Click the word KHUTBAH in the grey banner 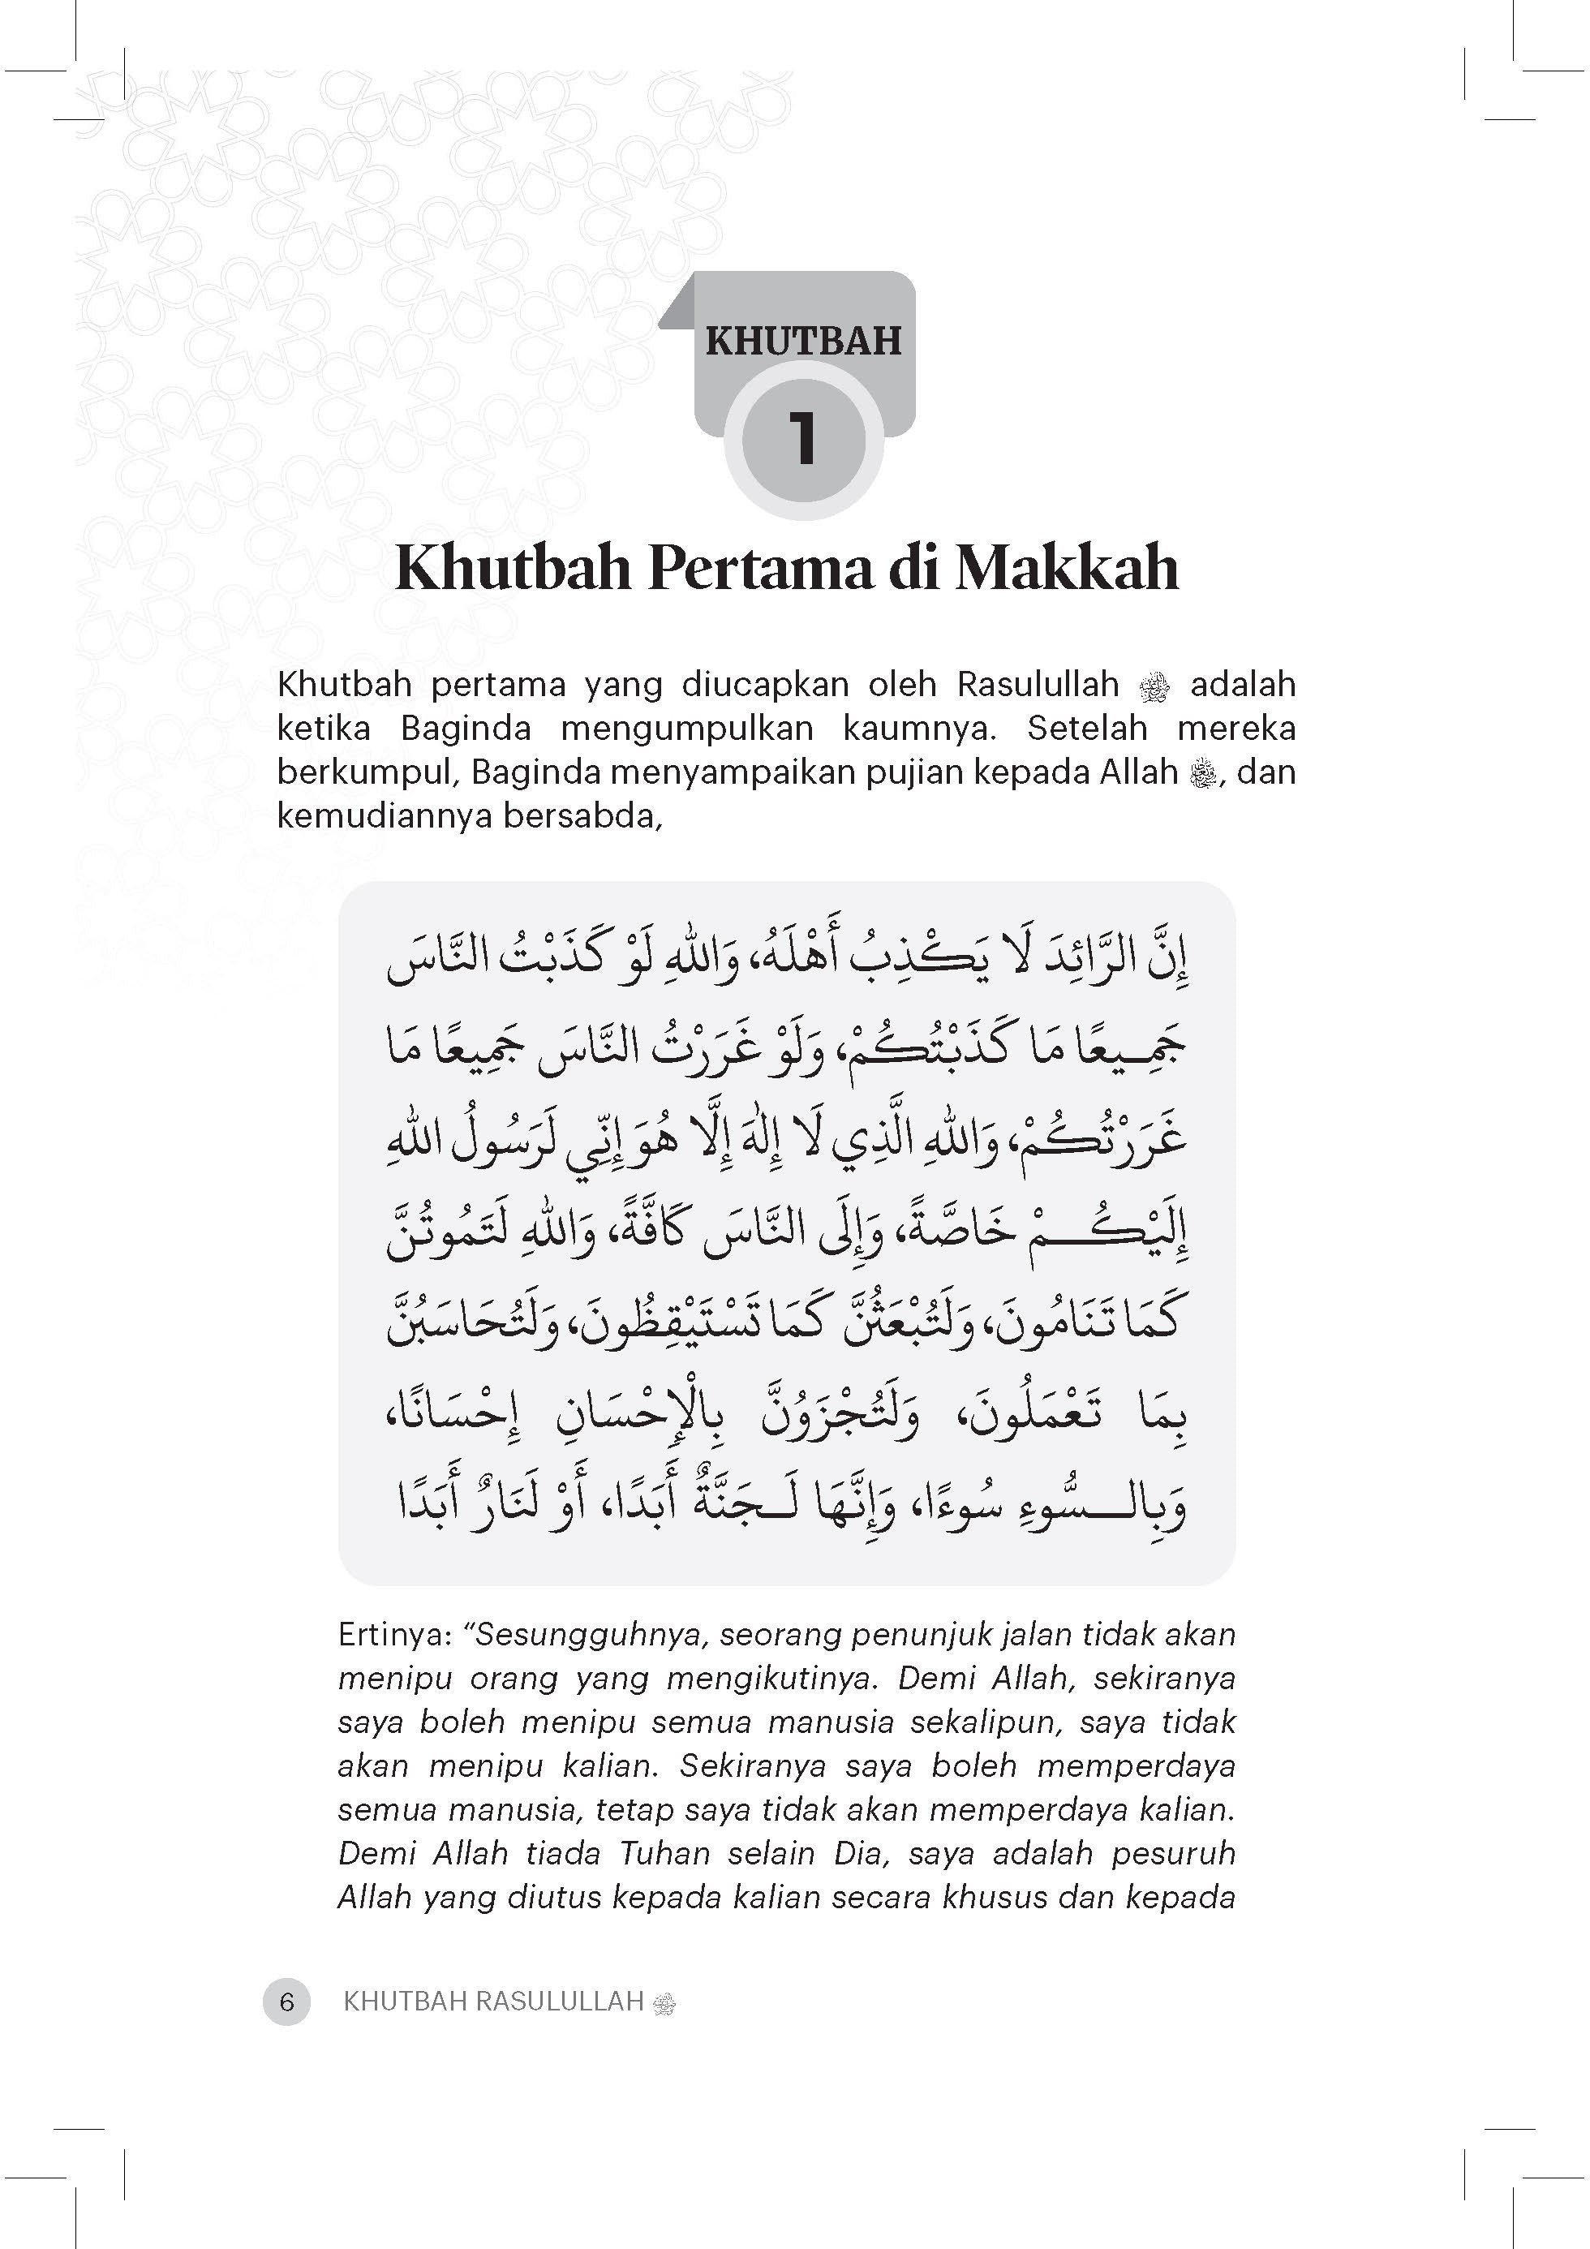pyautogui.click(x=803, y=340)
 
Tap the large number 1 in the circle pyautogui.click(x=803, y=440)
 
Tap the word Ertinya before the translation pyautogui.click(x=393, y=1635)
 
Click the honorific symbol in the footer pyautogui.click(x=664, y=2002)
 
